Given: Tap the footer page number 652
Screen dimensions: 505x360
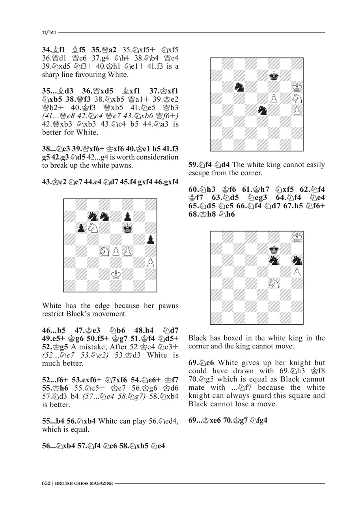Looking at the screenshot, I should tap(46, 483).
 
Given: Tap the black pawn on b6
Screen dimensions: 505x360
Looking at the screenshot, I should tap(81, 228).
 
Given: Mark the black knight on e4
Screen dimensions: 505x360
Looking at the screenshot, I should tap(262, 110).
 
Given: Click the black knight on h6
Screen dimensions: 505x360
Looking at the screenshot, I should tap(297, 260).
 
